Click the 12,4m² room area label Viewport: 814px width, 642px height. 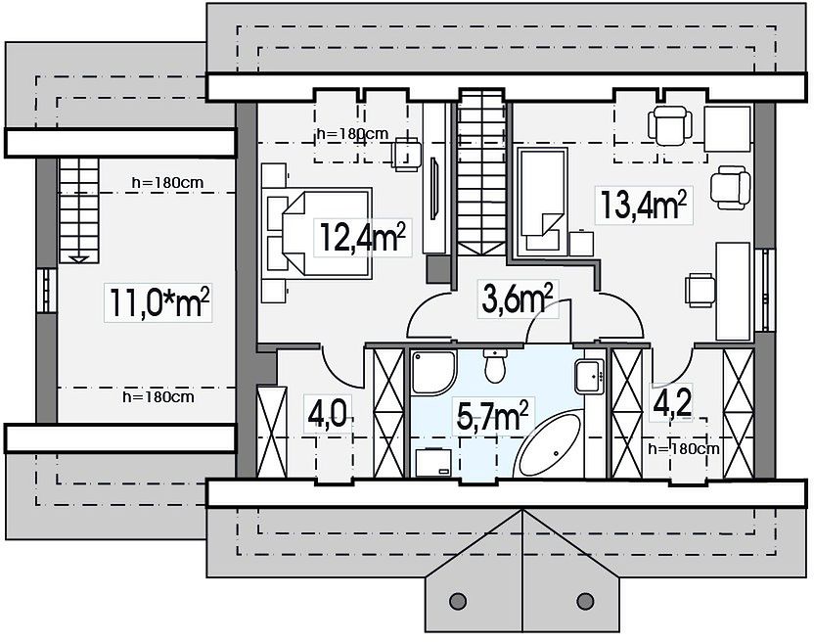click(x=362, y=237)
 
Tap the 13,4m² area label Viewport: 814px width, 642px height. click(x=644, y=205)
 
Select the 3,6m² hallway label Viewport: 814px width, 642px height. click(x=517, y=298)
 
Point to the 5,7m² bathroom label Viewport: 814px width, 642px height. click(x=492, y=416)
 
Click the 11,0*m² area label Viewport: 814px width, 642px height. click(x=159, y=302)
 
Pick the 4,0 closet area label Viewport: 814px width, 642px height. click(x=328, y=414)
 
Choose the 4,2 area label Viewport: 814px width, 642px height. click(x=673, y=402)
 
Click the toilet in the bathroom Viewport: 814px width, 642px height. click(x=495, y=365)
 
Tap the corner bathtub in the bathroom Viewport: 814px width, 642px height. click(x=548, y=444)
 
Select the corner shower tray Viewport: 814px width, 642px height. click(x=434, y=372)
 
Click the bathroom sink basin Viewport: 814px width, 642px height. click(x=589, y=376)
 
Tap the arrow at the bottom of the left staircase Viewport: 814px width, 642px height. click(x=79, y=259)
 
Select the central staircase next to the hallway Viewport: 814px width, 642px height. click(x=481, y=171)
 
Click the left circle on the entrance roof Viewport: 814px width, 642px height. click(x=457, y=601)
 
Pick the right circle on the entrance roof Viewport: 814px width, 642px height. click(x=585, y=601)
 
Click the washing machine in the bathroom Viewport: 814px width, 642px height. click(x=433, y=462)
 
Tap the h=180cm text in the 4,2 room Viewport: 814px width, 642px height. click(x=684, y=449)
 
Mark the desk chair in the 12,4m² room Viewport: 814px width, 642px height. click(x=406, y=155)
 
